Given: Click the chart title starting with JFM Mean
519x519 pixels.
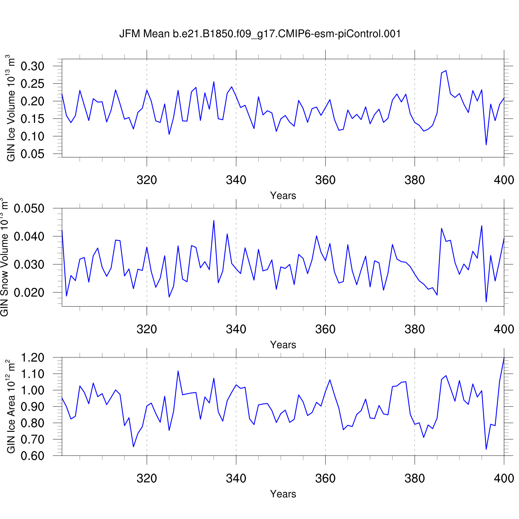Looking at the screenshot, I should (x=260, y=34).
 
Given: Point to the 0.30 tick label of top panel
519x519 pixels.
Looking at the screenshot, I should (x=33, y=66).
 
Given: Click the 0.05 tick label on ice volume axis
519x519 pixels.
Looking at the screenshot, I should (x=33, y=154).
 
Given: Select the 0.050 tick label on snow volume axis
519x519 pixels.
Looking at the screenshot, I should (x=29, y=209).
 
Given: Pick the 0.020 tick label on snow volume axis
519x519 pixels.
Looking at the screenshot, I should (x=29, y=293).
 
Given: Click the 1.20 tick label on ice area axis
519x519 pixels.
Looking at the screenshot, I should (x=33, y=358).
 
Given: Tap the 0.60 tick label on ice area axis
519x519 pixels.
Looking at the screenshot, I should (x=33, y=456).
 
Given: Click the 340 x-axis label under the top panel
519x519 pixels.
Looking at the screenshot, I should (x=236, y=180).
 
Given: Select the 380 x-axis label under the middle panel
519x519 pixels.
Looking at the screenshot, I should (x=415, y=329).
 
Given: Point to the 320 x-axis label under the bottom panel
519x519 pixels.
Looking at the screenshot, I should (x=147, y=478).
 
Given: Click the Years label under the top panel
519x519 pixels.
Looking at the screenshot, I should (x=283, y=196).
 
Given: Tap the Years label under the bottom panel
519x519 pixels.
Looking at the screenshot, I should (x=283, y=494).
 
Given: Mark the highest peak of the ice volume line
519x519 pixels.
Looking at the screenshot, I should (x=446, y=71).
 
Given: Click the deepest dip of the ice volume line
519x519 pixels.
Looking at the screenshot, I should (x=486, y=145).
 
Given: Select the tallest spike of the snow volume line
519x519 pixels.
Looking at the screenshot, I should (x=214, y=220).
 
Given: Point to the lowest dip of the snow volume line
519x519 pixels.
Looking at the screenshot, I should (x=486, y=302).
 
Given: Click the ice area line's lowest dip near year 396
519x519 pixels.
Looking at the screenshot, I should (x=486, y=449).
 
